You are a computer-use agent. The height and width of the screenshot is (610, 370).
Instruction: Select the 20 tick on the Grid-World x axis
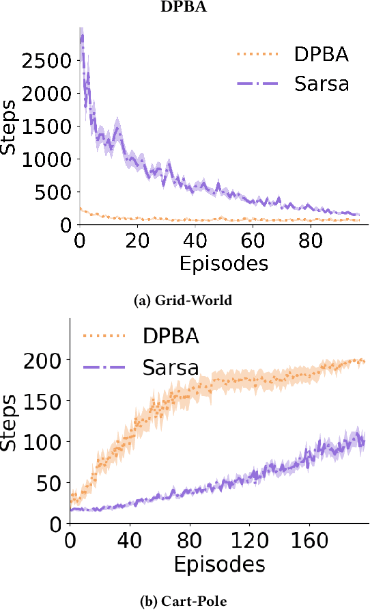point(138,241)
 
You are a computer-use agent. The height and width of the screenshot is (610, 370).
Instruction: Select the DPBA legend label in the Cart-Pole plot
point(171,336)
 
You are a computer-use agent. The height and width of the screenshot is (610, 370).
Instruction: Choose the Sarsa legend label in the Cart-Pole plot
point(171,368)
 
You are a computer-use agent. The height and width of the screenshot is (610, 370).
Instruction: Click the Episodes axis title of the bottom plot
point(218,564)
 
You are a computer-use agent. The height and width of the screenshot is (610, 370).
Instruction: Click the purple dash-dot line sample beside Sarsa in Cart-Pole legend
point(106,369)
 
